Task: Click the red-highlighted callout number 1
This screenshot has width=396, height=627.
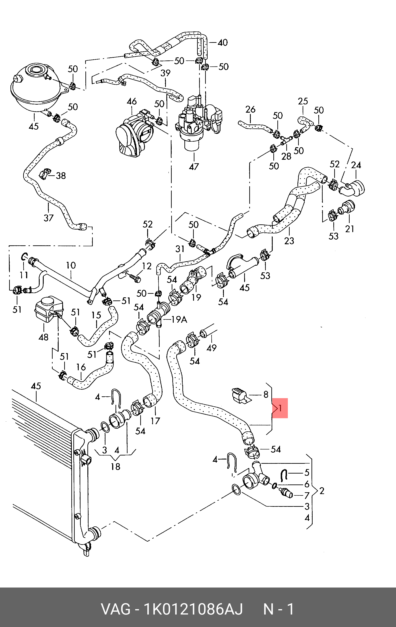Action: (280, 408)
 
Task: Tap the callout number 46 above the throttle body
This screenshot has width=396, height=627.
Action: (132, 101)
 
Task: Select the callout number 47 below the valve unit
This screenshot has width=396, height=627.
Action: (194, 166)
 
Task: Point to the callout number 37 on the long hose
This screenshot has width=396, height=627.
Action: (48, 218)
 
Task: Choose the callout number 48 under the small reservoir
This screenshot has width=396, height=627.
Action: (43, 337)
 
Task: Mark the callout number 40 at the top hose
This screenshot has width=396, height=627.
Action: (223, 42)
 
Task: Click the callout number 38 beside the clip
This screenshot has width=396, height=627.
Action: (61, 176)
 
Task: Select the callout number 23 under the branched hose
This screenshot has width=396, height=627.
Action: (289, 241)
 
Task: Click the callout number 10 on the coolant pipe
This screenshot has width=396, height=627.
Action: (71, 265)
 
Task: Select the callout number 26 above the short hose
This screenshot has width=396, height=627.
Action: (250, 109)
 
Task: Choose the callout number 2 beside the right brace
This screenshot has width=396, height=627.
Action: (322, 491)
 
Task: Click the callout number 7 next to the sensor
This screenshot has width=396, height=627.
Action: (307, 495)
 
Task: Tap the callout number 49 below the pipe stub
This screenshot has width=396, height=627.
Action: (211, 348)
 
